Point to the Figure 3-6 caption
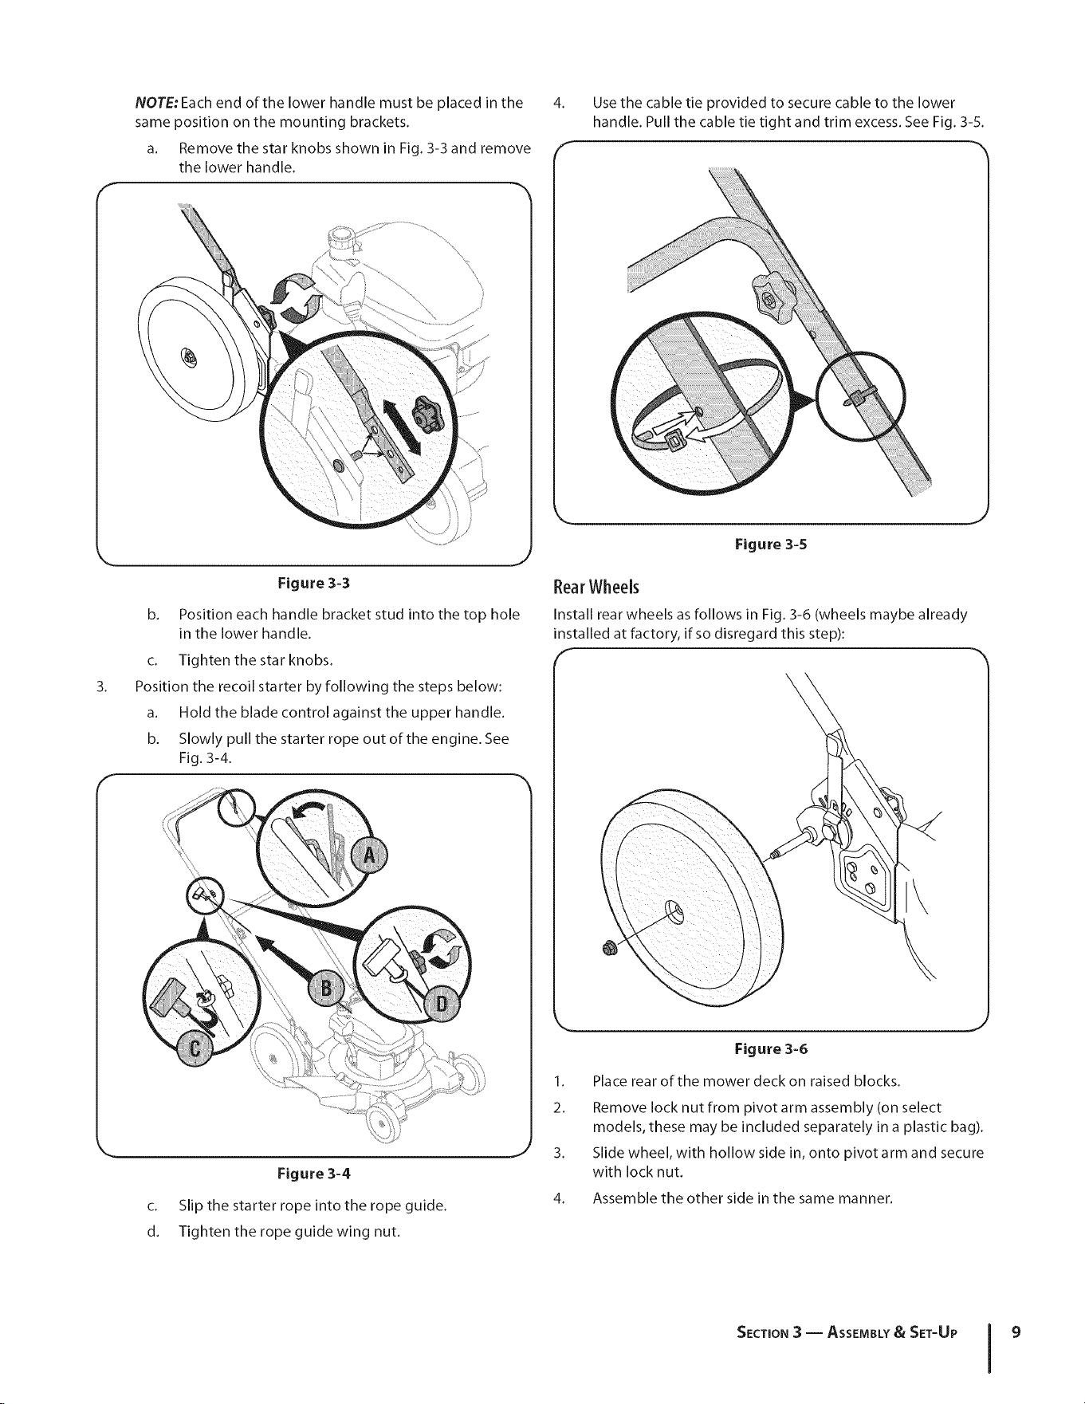click(x=771, y=1048)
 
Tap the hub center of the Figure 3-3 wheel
click(x=190, y=359)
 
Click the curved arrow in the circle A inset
click(x=310, y=812)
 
